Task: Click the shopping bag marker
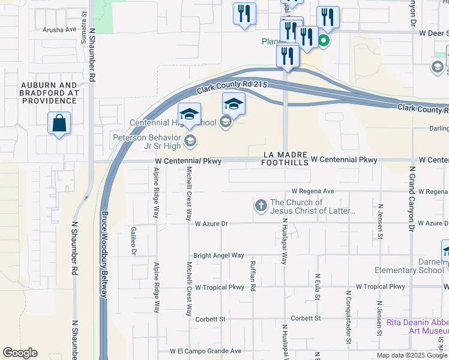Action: coord(59,124)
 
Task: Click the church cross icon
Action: coord(261,206)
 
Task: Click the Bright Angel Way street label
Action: coord(218,256)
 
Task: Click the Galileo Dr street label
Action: coord(134,241)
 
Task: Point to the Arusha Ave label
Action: coord(59,29)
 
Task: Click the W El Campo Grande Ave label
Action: coord(205,351)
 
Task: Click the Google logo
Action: coord(20,353)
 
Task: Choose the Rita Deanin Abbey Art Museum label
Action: coord(409,326)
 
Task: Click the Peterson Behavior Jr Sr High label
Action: coord(148,141)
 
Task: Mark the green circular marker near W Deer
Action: coord(324,41)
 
